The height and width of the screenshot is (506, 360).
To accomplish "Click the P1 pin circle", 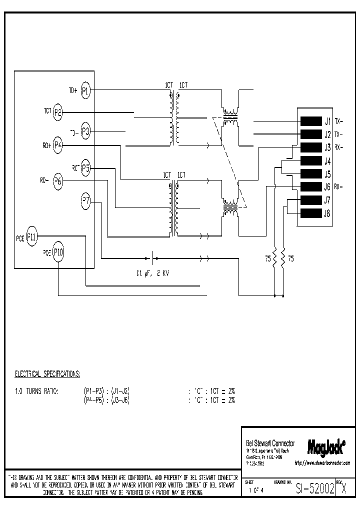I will [x=85, y=90].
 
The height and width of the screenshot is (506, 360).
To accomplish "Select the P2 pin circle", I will [x=58, y=112].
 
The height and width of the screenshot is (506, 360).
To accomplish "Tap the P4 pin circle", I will [x=58, y=145].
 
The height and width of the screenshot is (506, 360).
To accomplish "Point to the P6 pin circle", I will [x=58, y=181].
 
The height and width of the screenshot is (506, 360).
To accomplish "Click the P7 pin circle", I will [x=85, y=201].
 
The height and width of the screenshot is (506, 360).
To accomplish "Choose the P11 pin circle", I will [x=31, y=236].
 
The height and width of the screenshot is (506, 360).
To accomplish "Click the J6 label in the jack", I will [x=327, y=187].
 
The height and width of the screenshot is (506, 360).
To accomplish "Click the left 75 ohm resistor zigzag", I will [x=274, y=258].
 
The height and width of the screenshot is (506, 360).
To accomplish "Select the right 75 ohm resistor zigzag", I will [x=283, y=258].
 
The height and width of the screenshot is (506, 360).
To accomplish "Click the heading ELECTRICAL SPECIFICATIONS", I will [x=47, y=373].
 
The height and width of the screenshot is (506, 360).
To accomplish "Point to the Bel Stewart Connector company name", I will [x=270, y=443].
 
